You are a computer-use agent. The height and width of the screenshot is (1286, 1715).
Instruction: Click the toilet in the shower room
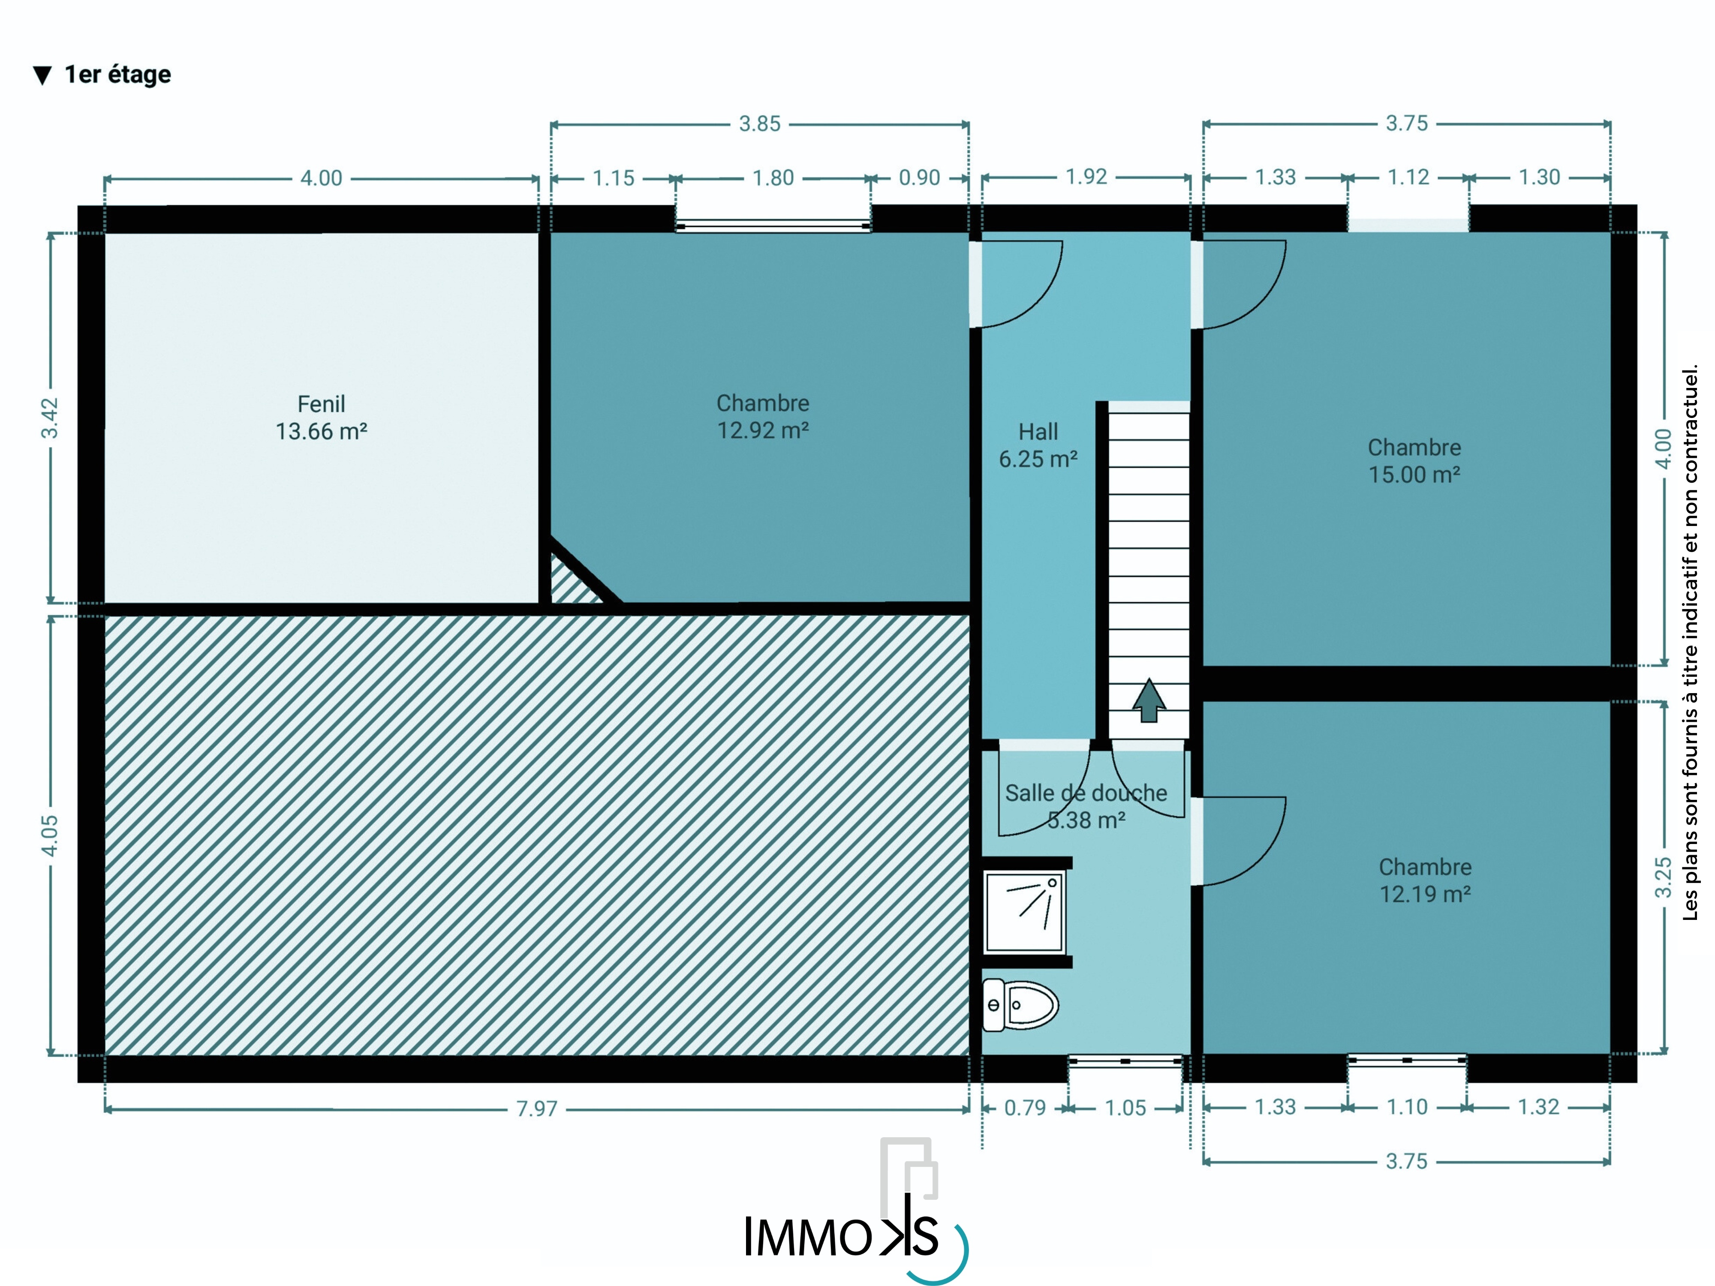coord(1020,1005)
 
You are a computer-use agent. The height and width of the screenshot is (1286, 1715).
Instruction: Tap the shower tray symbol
coord(1024,912)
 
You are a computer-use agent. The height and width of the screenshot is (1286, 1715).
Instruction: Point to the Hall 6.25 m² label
coord(1038,445)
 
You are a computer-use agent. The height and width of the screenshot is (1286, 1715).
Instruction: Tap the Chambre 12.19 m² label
coord(1425,880)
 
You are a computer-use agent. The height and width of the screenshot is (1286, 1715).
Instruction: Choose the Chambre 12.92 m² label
coord(763,416)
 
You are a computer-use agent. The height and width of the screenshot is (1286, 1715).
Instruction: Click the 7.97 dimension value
coord(536,1109)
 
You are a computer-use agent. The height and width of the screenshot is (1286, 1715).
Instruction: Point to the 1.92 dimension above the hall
coord(1086,177)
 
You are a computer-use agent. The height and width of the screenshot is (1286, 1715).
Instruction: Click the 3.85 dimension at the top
coord(760,124)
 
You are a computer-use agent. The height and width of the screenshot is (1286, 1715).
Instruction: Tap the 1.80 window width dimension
coord(773,178)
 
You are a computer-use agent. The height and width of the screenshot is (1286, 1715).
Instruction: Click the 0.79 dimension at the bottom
coord(1025,1108)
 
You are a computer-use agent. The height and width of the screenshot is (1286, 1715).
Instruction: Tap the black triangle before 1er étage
coord(42,75)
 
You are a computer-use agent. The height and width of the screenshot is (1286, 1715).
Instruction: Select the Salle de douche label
coord(1086,793)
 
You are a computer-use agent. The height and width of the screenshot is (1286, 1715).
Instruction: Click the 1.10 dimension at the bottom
coord(1406,1107)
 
